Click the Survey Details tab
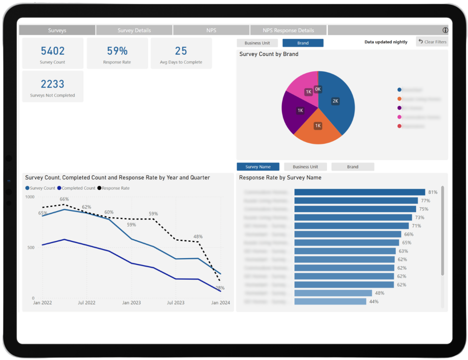134,30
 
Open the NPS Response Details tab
288,30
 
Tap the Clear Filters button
432,42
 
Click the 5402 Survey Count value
53,51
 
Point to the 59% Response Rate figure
117,51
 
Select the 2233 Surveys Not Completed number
53,84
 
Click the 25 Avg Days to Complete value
181,51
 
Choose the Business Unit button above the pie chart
257,43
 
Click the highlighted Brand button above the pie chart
303,43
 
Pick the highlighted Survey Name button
258,167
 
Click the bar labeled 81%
359,192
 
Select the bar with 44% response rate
330,302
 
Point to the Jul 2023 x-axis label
175,303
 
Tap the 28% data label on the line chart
220,288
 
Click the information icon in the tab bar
445,30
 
